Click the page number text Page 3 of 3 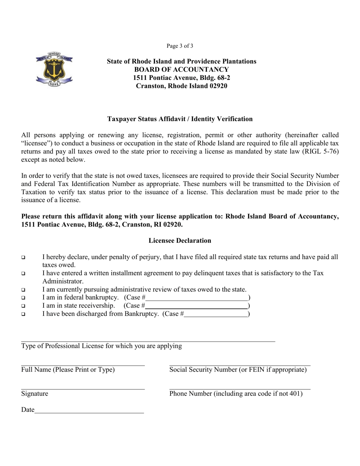pos(180,46)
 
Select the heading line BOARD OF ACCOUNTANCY pos(182,70)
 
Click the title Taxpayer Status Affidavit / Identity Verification pos(180,119)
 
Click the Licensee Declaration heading pos(180,241)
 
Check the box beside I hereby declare pos(23,258)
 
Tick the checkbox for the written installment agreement pos(23,274)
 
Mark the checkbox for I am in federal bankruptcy pos(23,298)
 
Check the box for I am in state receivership pos(23,306)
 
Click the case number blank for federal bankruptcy pos(197,298)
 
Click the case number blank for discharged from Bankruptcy pos(216,314)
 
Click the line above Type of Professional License pos(148,341)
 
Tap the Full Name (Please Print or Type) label pos(68,370)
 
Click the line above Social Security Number pos(239,365)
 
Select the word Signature pos(35,394)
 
